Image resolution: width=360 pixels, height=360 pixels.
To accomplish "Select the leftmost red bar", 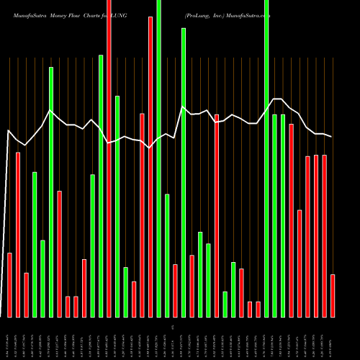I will pos(9,285).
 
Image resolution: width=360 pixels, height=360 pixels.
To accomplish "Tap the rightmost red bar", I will pos(333,295).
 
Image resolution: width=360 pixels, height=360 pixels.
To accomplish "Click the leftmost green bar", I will pos(35,245).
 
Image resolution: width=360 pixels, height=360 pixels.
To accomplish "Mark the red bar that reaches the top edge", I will pos(109,158).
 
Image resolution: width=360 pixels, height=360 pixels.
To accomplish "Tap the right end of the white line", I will pos(332,137).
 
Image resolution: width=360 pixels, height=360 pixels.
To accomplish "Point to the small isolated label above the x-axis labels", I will pos(172,328).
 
